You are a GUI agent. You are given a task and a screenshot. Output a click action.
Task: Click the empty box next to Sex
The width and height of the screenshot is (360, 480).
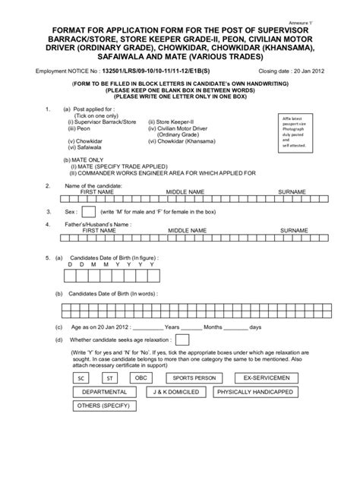tap(88, 211)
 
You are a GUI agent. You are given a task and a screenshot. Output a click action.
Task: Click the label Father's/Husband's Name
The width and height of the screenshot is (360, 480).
tap(88, 225)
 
